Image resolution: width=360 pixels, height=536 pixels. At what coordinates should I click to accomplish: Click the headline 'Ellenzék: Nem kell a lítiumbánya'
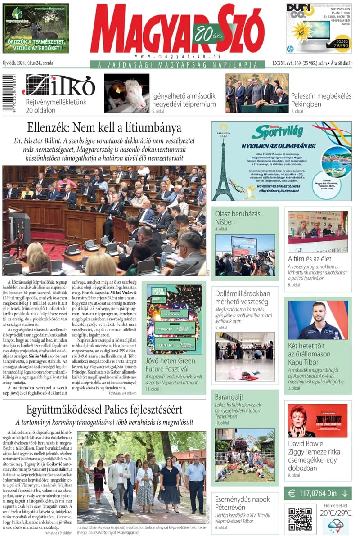pos(104,128)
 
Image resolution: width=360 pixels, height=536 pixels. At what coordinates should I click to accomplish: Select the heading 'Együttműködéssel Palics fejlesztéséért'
pos(104,410)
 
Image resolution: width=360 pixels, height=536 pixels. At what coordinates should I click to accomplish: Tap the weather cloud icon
pos(336,526)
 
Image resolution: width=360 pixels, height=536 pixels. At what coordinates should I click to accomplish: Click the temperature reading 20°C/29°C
pos(336,513)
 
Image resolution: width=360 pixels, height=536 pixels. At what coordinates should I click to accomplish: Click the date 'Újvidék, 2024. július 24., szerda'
pos(28,63)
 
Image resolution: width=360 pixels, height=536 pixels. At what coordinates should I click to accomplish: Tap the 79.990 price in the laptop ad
pos(340,45)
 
